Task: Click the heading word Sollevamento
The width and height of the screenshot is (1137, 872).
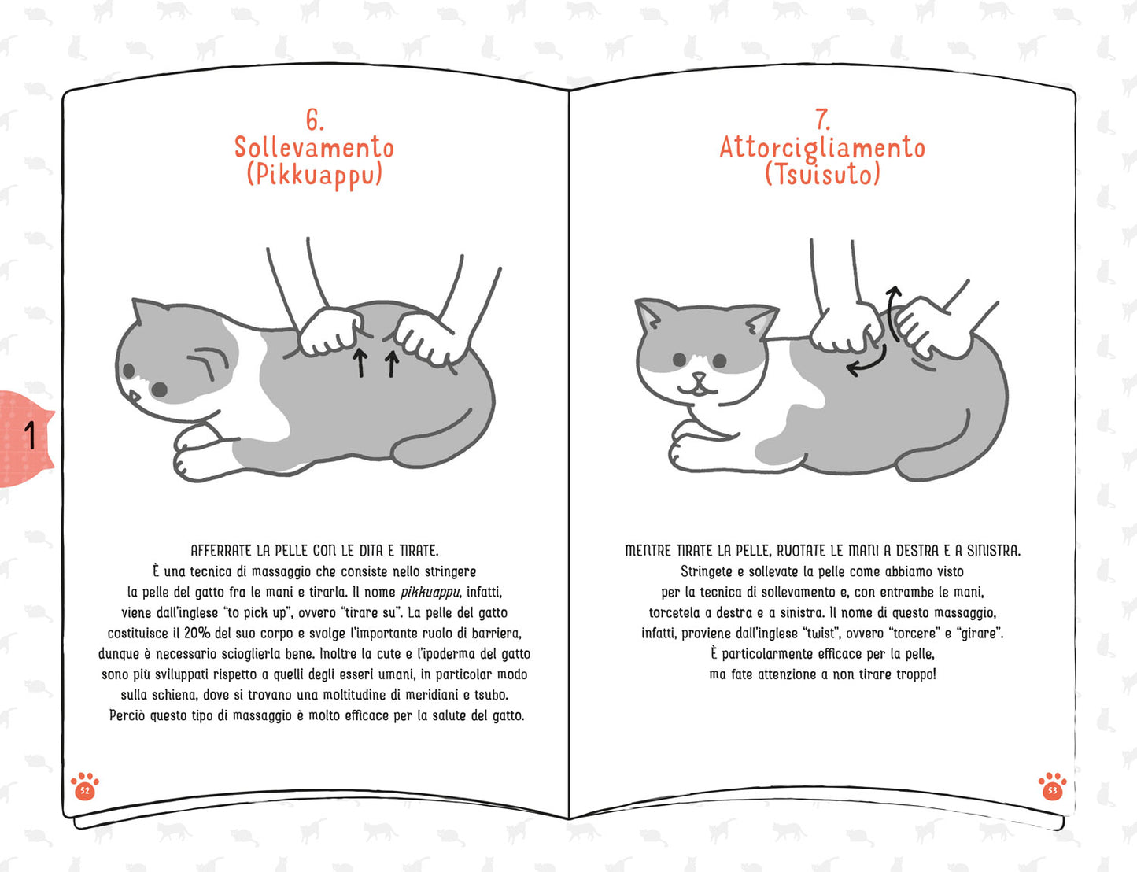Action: [x=314, y=148]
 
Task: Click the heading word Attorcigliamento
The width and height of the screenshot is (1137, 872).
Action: [x=822, y=148]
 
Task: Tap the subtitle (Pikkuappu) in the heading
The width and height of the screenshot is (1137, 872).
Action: [x=314, y=175]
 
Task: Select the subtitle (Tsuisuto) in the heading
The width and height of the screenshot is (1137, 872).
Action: [x=822, y=174]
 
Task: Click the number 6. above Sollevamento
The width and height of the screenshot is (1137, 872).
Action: [x=314, y=120]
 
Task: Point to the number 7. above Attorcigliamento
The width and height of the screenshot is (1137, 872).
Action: [x=822, y=120]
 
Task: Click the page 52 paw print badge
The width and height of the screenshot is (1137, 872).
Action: [x=84, y=786]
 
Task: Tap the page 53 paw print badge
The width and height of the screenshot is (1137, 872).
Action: [x=1052, y=786]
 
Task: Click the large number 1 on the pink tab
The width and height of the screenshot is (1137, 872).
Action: [x=30, y=435]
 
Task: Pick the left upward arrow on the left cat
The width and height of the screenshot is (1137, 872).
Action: [x=360, y=363]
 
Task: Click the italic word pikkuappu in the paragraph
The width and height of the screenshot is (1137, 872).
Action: [x=430, y=592]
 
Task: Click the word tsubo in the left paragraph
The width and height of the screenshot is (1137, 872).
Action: [x=491, y=695]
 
